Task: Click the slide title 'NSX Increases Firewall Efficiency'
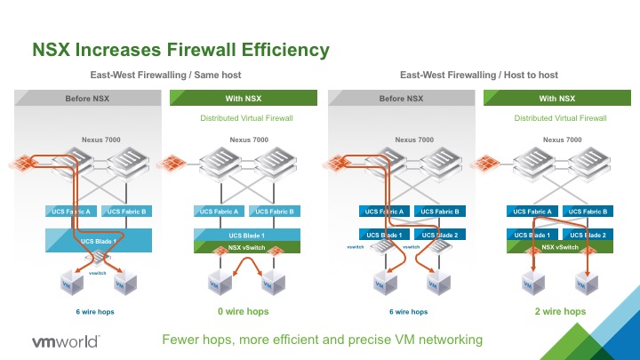(x=180, y=48)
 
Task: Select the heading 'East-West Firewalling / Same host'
(x=166, y=76)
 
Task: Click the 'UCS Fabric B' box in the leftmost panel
(x=125, y=211)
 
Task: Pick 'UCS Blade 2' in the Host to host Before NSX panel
(x=439, y=234)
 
